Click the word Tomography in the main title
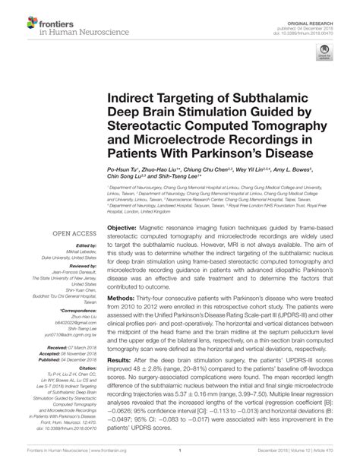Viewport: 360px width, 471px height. click(x=292, y=128)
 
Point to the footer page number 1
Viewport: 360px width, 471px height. click(x=179, y=460)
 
